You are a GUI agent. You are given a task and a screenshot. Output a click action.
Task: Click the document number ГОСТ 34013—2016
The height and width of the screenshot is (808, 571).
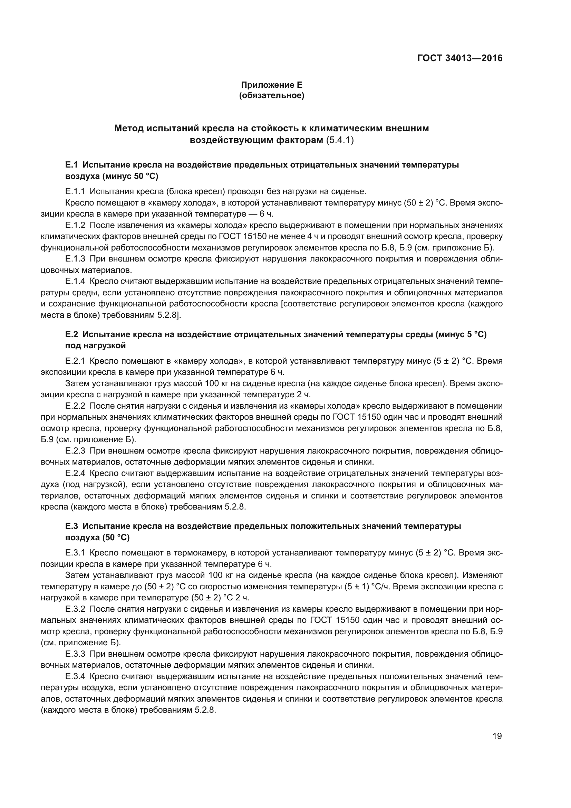460,58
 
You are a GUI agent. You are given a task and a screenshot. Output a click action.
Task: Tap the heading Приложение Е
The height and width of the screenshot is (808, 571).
271,85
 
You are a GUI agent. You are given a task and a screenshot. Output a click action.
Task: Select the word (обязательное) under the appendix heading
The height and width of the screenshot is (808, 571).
271,95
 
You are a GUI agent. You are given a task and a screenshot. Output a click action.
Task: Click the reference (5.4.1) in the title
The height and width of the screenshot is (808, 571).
340,140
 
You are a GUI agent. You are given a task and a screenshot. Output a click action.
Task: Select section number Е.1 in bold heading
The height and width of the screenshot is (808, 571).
71,165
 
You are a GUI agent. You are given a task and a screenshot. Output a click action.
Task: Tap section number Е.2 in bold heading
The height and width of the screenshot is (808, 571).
71,334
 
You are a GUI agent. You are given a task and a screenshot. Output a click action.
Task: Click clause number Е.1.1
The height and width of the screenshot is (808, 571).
75,191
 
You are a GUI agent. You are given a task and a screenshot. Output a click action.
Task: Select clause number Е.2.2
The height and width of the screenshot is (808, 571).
75,406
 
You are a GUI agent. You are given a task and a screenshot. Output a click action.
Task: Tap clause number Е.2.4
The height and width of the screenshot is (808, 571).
75,473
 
